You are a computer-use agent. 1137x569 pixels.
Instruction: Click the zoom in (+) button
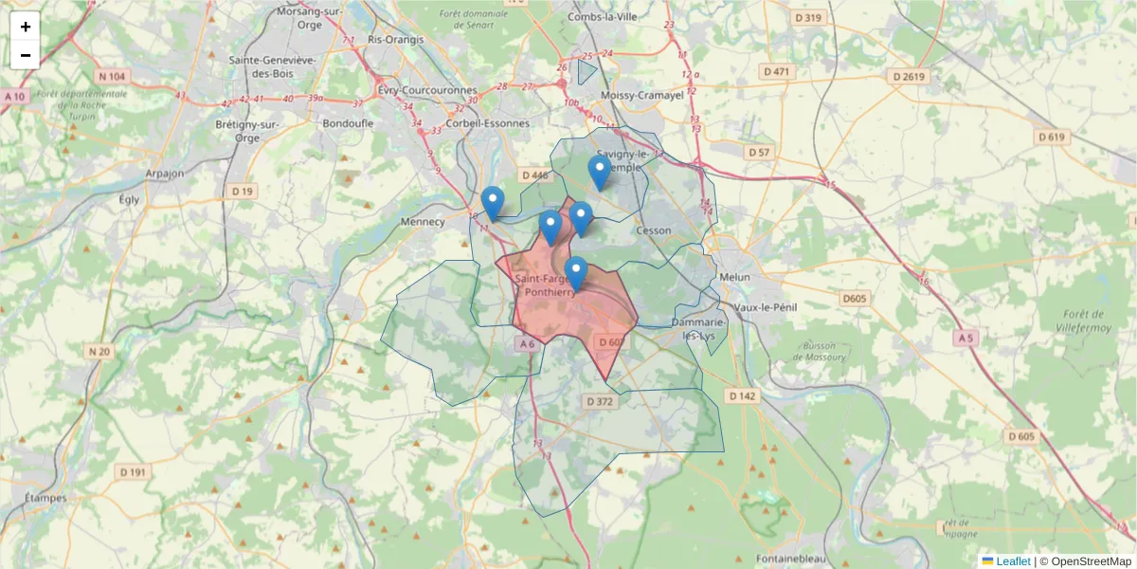26,27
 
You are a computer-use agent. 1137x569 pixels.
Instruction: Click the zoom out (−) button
26,55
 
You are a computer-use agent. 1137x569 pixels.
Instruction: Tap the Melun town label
734,277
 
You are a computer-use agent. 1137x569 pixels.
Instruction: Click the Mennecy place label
424,222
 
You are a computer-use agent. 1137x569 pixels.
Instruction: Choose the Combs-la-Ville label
603,17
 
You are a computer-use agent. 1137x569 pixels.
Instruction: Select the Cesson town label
655,230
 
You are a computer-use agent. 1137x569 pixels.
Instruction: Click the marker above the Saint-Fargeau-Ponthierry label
576,273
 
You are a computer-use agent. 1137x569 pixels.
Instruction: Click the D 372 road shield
600,401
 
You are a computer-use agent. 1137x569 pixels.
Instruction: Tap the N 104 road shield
112,76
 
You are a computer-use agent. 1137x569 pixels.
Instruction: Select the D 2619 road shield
908,76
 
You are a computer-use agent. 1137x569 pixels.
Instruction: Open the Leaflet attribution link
1013,561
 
